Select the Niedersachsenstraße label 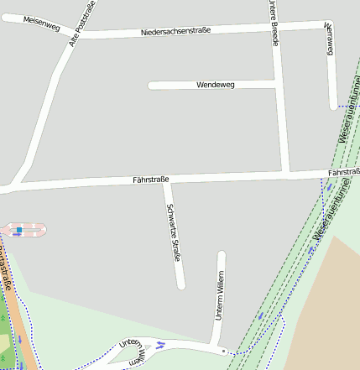(x=175, y=31)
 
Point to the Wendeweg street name (x=215, y=85)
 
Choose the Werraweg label (x=329, y=39)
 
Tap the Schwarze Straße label (x=174, y=233)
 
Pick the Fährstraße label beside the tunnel (x=342, y=172)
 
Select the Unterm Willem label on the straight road (x=220, y=295)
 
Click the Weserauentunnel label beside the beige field (x=334, y=216)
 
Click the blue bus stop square (x=19, y=229)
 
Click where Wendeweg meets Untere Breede (x=278, y=84)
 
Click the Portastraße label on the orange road (x=5, y=270)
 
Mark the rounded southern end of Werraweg (x=333, y=105)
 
